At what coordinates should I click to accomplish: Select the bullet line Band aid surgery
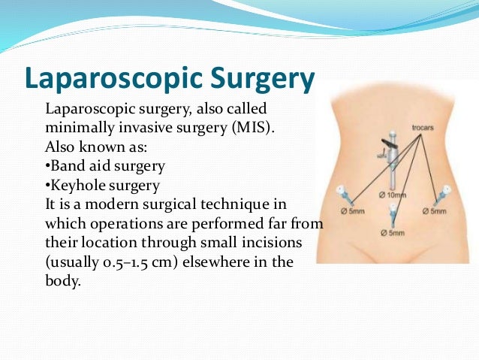[x=105, y=165]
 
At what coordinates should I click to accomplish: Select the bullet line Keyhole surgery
[x=103, y=184]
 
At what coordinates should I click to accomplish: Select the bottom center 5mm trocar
[x=391, y=218]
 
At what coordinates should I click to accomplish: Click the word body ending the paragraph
[x=62, y=282]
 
